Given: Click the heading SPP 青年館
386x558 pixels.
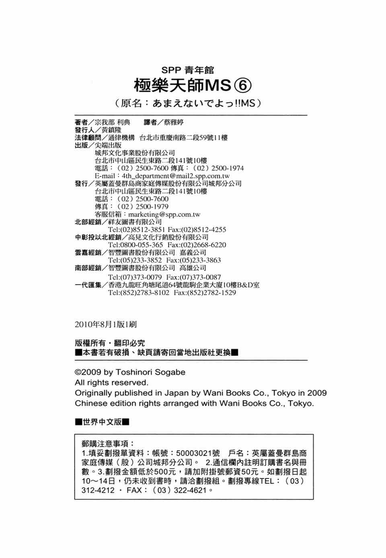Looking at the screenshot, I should coord(188,70).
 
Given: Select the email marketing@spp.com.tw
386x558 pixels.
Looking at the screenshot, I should coord(164,214).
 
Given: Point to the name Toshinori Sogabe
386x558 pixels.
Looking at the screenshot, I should coord(150,372).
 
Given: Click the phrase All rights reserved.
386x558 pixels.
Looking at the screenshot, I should coord(111,383).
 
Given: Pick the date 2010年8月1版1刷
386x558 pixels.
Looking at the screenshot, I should coord(106,324).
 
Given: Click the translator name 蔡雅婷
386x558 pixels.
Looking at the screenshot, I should coord(173,122).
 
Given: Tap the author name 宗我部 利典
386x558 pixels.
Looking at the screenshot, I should coord(113,122).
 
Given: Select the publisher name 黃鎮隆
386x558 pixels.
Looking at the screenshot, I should coord(111,130).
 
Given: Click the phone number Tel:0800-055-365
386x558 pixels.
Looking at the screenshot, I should coord(136,245).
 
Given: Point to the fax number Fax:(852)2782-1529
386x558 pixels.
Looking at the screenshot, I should coord(205,293).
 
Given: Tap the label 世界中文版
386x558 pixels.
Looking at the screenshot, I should coord(102,422).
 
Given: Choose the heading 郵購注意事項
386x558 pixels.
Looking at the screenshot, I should coord(107,444).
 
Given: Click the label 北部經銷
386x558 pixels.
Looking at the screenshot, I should coord(88,222).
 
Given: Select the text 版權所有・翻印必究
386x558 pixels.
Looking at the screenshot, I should coord(110,343).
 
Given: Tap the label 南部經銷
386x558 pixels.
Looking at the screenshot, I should coord(88,268).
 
